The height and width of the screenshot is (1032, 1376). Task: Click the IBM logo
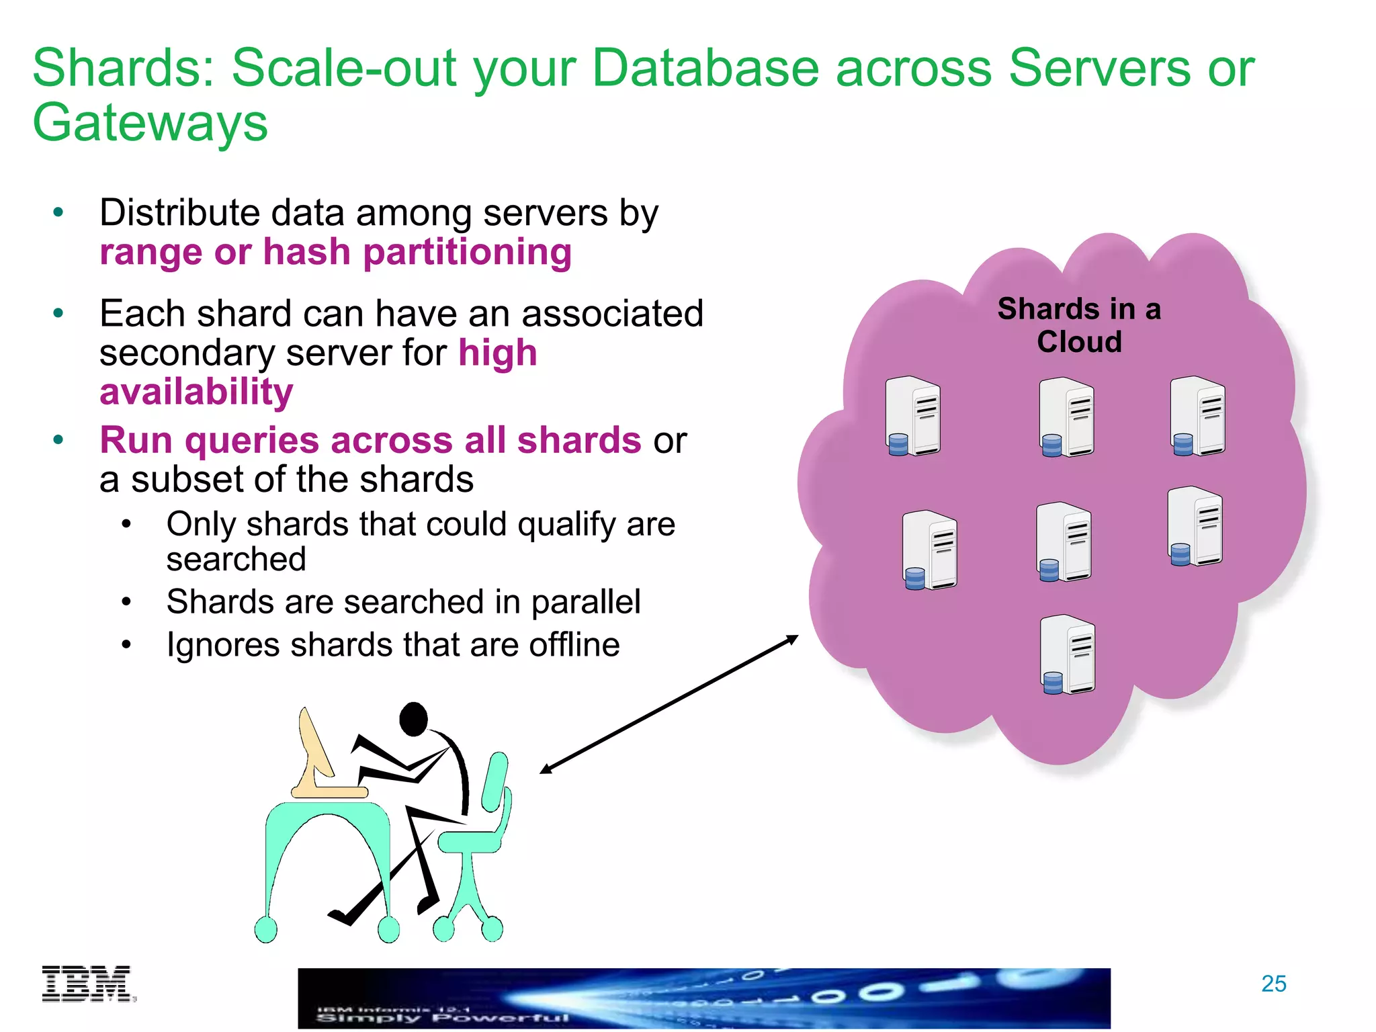pos(87,984)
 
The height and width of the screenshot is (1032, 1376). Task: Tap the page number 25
pos(1273,984)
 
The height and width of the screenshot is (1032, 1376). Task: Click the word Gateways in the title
pos(150,123)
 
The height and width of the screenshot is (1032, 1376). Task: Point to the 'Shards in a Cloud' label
pos(1079,325)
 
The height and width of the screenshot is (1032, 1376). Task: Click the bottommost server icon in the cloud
pos(1068,655)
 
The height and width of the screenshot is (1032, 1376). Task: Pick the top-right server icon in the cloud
pos(1197,417)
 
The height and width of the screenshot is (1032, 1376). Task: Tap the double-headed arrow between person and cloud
pos(669,704)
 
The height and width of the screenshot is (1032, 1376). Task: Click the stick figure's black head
pos(413,719)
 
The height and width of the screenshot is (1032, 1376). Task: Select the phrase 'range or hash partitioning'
pos(335,253)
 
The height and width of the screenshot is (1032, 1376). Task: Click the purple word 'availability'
pos(196,392)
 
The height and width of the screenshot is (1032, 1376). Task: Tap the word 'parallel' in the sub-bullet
pos(585,602)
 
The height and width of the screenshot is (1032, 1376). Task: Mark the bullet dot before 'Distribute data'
pos(58,213)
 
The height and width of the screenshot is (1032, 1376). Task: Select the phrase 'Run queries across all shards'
pos(370,441)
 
